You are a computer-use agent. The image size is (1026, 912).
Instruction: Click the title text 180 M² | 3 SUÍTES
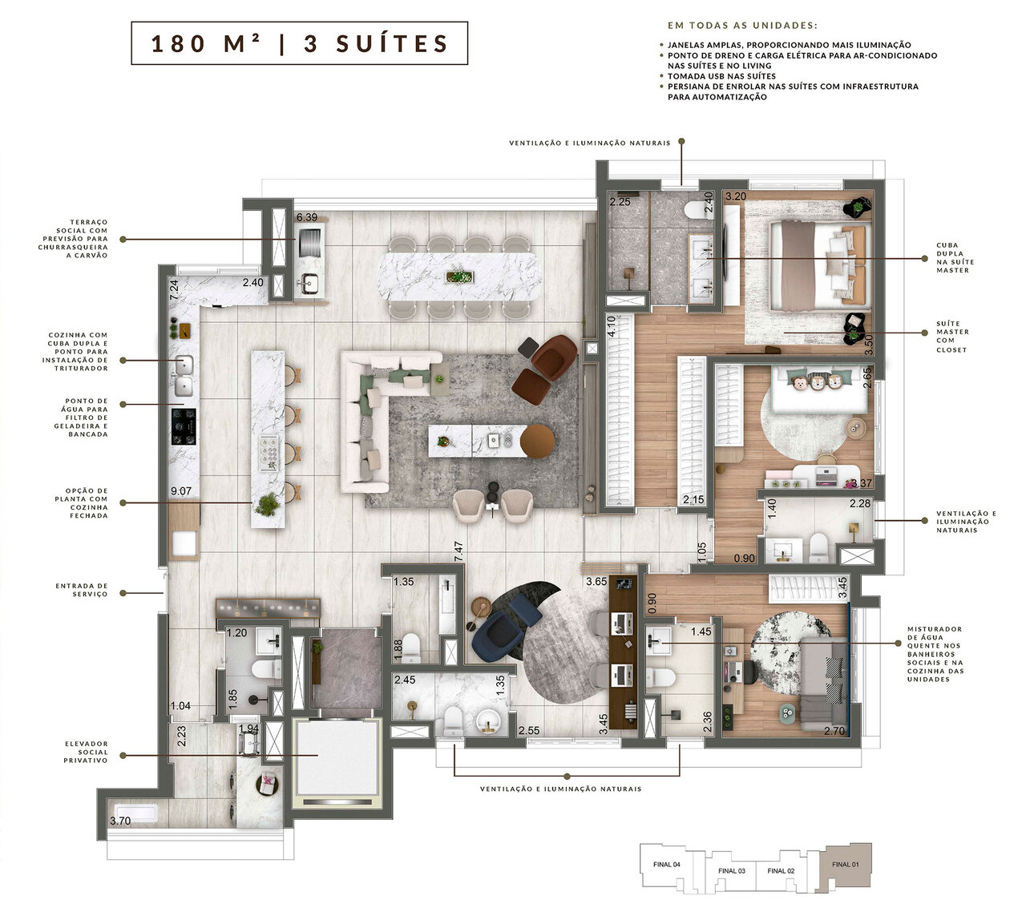click(299, 43)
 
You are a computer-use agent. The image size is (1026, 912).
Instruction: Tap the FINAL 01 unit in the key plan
click(845, 864)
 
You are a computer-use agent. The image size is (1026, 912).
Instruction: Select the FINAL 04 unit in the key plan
click(666, 864)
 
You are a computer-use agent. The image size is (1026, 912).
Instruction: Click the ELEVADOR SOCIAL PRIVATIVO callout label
click(86, 752)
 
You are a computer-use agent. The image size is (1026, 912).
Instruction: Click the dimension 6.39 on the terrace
click(307, 217)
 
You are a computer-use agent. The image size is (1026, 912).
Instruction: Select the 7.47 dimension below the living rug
click(458, 551)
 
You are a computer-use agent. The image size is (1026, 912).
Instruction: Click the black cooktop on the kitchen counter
click(184, 426)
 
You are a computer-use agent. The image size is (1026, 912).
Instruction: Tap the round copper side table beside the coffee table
click(537, 440)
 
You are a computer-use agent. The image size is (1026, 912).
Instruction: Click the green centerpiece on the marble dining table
click(459, 277)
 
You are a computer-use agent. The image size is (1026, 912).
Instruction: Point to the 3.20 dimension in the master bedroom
click(735, 196)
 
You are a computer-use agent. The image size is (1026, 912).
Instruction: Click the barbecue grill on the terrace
click(310, 241)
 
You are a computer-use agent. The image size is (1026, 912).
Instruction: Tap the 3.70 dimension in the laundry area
click(119, 820)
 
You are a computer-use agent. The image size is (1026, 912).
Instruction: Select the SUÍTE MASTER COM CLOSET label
click(952, 336)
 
